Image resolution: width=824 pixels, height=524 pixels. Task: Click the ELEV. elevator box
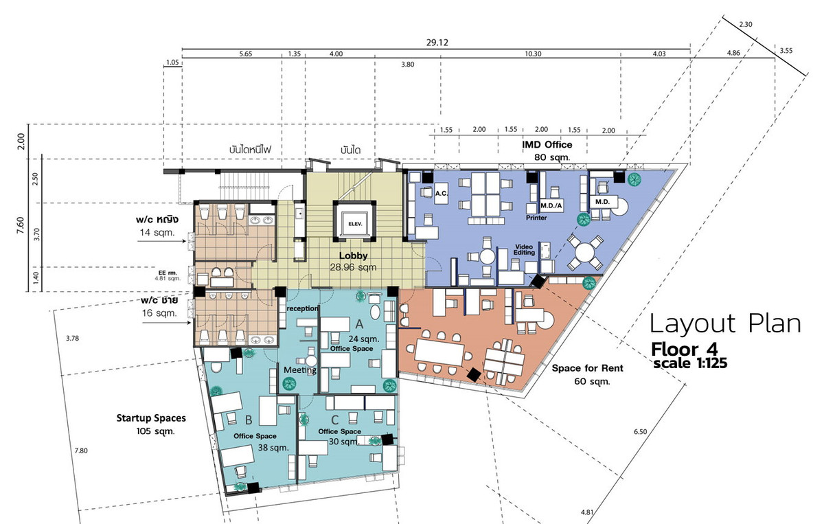pos(355,221)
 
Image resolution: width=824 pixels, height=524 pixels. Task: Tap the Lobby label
pos(353,255)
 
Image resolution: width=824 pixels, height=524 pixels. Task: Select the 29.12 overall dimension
pos(437,43)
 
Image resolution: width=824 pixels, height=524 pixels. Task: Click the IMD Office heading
pos(547,145)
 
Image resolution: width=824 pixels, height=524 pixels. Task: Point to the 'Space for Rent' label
pos(588,368)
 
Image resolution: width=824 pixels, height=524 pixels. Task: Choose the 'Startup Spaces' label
pos(151,418)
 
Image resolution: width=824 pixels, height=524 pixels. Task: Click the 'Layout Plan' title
pos(725,324)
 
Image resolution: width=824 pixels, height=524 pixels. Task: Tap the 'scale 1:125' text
pos(690,363)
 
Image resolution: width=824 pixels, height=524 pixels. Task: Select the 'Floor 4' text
pos(684,350)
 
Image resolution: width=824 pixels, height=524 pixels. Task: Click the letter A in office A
pos(359,324)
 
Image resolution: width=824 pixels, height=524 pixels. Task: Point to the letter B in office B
pos(249,420)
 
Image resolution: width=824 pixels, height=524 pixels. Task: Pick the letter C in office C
pos(335,420)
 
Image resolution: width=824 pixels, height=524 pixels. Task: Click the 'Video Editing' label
pos(524,249)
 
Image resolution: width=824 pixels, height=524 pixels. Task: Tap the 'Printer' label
pos(536,218)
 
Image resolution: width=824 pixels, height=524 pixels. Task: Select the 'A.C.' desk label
pos(441,193)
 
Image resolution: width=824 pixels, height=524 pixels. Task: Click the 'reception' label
pos(302,308)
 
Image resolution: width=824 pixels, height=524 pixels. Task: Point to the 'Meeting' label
pos(300,369)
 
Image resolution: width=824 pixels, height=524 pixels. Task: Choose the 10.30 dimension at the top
pos(533,54)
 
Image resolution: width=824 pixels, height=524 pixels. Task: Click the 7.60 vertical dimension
pos(21,225)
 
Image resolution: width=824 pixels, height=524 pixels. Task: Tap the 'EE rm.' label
pos(168,273)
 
